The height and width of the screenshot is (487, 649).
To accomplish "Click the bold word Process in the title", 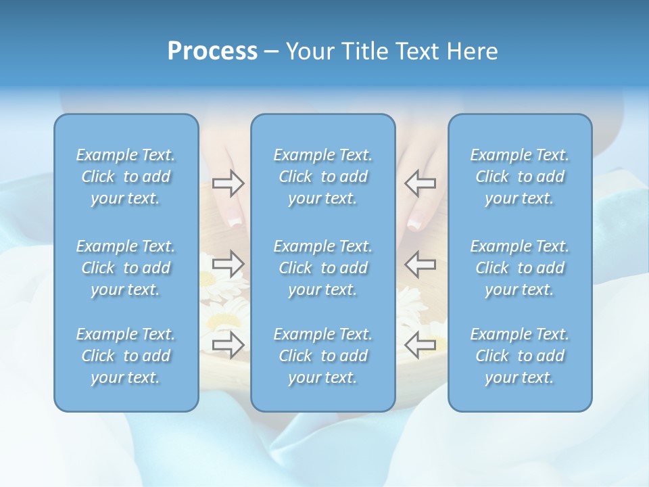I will coord(212,51).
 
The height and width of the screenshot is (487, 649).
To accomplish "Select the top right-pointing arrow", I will coord(228,183).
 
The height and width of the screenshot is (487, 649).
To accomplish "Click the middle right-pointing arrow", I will coord(228,264).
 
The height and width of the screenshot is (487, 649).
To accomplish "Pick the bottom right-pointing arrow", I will coord(228,344).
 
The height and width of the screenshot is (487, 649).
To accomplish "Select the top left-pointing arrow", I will coord(420,183).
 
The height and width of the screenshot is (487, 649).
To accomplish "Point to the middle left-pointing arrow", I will coord(420,264).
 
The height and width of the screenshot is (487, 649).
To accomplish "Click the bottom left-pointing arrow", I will coord(420,344).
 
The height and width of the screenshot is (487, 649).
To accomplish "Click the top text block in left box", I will coord(126,177).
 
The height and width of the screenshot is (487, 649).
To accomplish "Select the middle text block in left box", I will coord(126,268).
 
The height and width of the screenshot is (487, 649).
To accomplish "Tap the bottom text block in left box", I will coord(126,356).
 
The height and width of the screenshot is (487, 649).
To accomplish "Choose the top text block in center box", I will coord(323,177).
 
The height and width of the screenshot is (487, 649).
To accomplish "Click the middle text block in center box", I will coord(323,268).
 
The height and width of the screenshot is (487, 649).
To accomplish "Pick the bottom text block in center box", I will coord(323,356).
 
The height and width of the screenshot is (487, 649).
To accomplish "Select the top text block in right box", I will coord(520,177).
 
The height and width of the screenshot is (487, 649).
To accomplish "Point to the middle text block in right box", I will coord(520,268).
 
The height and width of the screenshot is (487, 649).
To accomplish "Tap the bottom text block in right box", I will coord(520,356).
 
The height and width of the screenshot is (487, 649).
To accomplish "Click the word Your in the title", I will coord(308,51).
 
